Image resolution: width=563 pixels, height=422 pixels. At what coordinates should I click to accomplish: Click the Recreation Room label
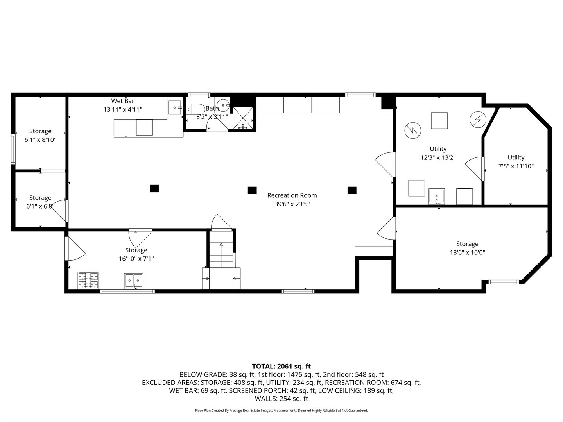292,195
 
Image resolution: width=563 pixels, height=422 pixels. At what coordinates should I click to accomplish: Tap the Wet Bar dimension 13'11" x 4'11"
123,110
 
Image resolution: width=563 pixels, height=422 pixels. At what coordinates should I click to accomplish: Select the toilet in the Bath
194,109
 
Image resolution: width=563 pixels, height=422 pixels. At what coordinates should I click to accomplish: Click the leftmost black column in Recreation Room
154,188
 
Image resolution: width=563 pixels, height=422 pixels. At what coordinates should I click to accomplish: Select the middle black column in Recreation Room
252,190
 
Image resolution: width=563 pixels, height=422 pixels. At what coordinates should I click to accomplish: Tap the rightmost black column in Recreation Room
352,190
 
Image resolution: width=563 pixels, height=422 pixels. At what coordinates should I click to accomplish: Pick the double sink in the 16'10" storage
134,281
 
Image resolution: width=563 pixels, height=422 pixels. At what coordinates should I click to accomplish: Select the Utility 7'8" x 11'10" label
516,162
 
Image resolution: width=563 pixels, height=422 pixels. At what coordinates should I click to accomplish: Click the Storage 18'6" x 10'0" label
467,248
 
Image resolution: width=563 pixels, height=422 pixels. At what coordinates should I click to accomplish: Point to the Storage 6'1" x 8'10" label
40,135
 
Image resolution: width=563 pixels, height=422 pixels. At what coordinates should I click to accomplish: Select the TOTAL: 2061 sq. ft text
281,366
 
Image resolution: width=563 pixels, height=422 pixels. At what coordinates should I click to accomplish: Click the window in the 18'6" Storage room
504,281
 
